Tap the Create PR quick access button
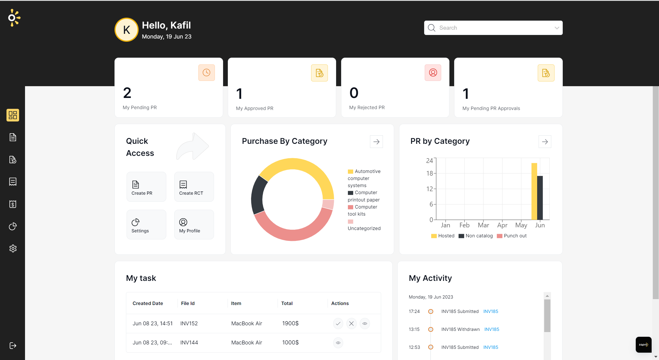pos(146,187)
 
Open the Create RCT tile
pos(194,187)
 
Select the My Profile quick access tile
pos(194,225)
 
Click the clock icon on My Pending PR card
pos(206,73)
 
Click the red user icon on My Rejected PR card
pos(433,73)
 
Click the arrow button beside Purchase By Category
pos(376,142)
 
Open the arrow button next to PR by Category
pos(545,142)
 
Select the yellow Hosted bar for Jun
pos(534,191)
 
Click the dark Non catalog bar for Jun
pos(540,198)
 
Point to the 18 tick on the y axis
pos(430,174)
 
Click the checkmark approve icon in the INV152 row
pos(338,324)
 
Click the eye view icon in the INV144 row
pos(338,343)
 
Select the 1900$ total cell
pos(290,324)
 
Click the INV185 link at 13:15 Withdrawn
pos(492,329)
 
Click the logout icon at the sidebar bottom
pos(13,346)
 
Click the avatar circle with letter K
pos(127,30)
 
